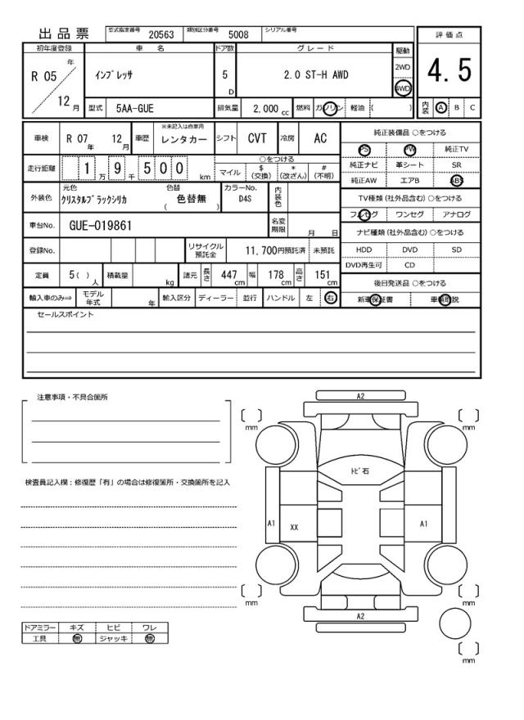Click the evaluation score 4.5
[x=449, y=72]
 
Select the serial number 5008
[x=238, y=35]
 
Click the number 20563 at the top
[x=160, y=35]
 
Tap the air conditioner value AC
[x=320, y=139]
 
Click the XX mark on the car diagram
[x=294, y=528]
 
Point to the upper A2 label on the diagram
[x=360, y=396]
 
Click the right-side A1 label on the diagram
[x=424, y=522]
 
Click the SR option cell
[x=456, y=164]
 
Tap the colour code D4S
[x=246, y=198]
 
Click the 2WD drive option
[x=402, y=67]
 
